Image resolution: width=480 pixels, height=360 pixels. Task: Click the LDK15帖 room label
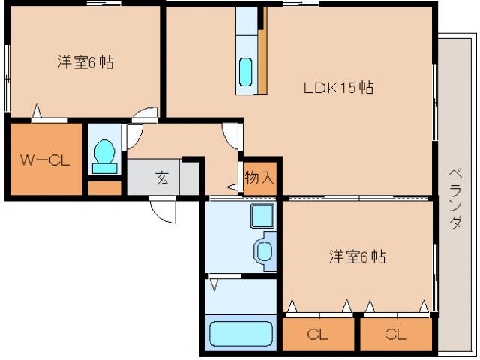tap(338, 88)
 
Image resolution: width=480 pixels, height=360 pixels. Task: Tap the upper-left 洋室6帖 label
tap(85, 63)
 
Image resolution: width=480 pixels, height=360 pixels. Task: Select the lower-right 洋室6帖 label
tap(357, 257)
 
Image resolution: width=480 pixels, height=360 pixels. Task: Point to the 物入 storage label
tap(259, 178)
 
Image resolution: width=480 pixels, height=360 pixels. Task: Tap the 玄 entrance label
tap(161, 178)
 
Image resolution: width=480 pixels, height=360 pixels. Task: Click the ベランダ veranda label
tap(454, 199)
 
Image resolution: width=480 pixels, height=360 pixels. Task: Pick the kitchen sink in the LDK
tap(246, 72)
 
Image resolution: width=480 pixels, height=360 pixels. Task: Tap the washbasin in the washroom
tap(265, 250)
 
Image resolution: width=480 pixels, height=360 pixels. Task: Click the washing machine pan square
tap(262, 217)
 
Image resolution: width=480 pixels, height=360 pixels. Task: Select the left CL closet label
tap(317, 334)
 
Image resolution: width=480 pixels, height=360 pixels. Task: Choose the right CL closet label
tap(395, 334)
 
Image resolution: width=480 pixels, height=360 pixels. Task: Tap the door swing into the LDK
tap(232, 137)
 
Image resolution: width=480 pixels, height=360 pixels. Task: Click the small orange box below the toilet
tap(103, 187)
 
